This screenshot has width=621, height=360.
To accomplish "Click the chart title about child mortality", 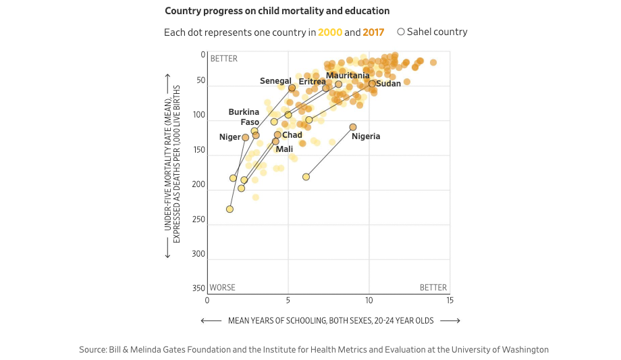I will click(x=277, y=11).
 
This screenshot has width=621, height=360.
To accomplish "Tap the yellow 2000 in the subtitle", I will click(x=329, y=32).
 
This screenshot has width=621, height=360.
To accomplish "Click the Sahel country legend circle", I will click(x=401, y=32).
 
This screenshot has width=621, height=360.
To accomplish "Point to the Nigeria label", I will click(x=366, y=136).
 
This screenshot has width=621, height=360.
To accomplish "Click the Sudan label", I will click(x=388, y=84).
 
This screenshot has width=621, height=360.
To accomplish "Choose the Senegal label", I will click(x=275, y=81).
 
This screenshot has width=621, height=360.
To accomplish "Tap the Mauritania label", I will click(x=348, y=76).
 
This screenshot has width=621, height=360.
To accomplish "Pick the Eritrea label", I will click(x=312, y=82).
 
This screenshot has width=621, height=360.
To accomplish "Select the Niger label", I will click(x=230, y=137).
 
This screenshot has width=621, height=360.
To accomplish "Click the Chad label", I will click(x=292, y=135).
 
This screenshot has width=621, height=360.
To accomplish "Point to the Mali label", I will click(x=284, y=149).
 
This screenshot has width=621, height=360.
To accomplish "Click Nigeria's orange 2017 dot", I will click(x=353, y=127).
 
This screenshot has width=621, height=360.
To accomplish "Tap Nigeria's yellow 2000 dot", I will click(x=306, y=176).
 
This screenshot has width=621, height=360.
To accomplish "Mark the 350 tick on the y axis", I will click(x=198, y=288).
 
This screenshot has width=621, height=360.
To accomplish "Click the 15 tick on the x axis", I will click(x=450, y=300).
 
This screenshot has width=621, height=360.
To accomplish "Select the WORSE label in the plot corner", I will click(x=223, y=288).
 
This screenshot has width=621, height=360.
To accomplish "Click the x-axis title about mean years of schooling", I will click(x=331, y=320).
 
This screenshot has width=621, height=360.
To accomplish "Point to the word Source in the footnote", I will click(x=92, y=350).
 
